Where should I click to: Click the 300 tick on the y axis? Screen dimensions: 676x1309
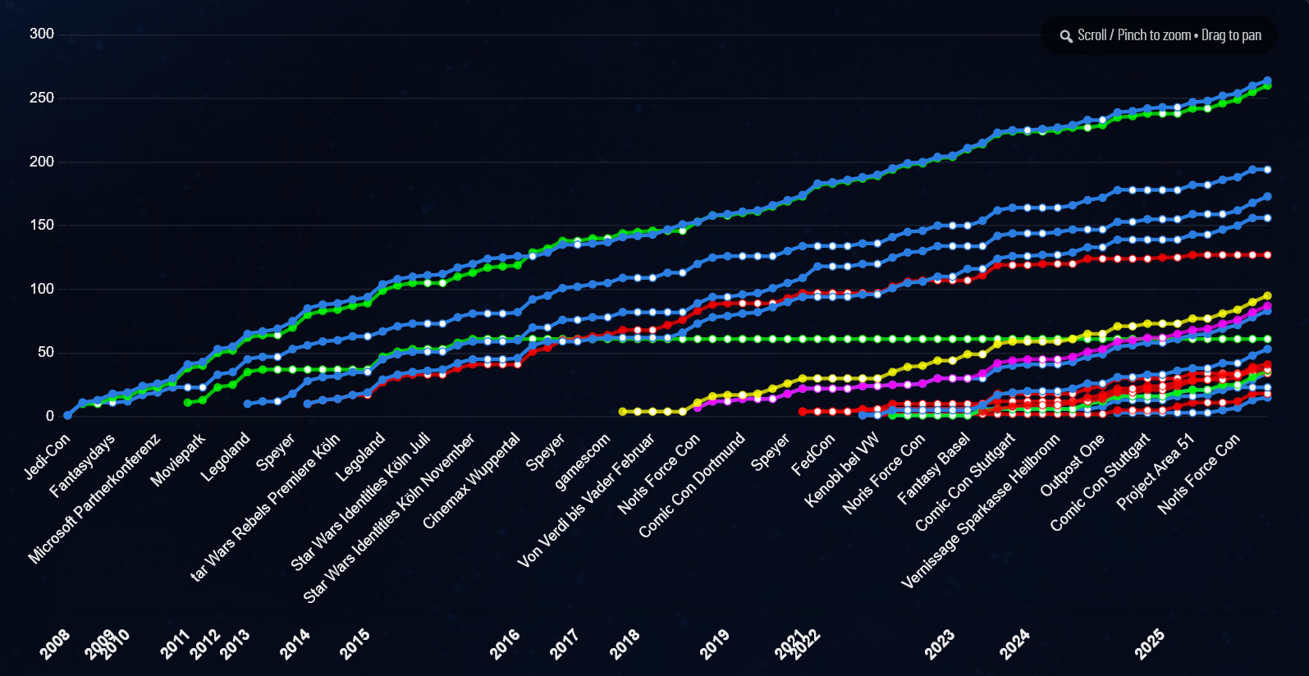(x=42, y=34)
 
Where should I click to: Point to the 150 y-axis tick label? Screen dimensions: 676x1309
(x=42, y=225)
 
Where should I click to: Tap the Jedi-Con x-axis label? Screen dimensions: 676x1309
(x=48, y=457)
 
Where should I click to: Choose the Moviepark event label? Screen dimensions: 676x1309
(x=178, y=460)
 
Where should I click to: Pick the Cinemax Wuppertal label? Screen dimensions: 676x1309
(x=472, y=481)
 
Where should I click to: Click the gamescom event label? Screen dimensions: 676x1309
(x=583, y=462)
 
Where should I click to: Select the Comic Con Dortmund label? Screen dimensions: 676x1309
(x=692, y=486)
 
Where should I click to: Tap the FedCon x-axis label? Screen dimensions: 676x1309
(x=813, y=454)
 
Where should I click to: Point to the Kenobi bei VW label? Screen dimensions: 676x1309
(x=842, y=470)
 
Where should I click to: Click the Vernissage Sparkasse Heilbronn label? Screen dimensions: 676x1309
(x=980, y=512)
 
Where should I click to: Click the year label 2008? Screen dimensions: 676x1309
(x=55, y=645)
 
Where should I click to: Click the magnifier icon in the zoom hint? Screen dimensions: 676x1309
(x=1066, y=36)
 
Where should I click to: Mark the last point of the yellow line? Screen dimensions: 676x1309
(x=1268, y=296)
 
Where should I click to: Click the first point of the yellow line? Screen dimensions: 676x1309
(x=623, y=412)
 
